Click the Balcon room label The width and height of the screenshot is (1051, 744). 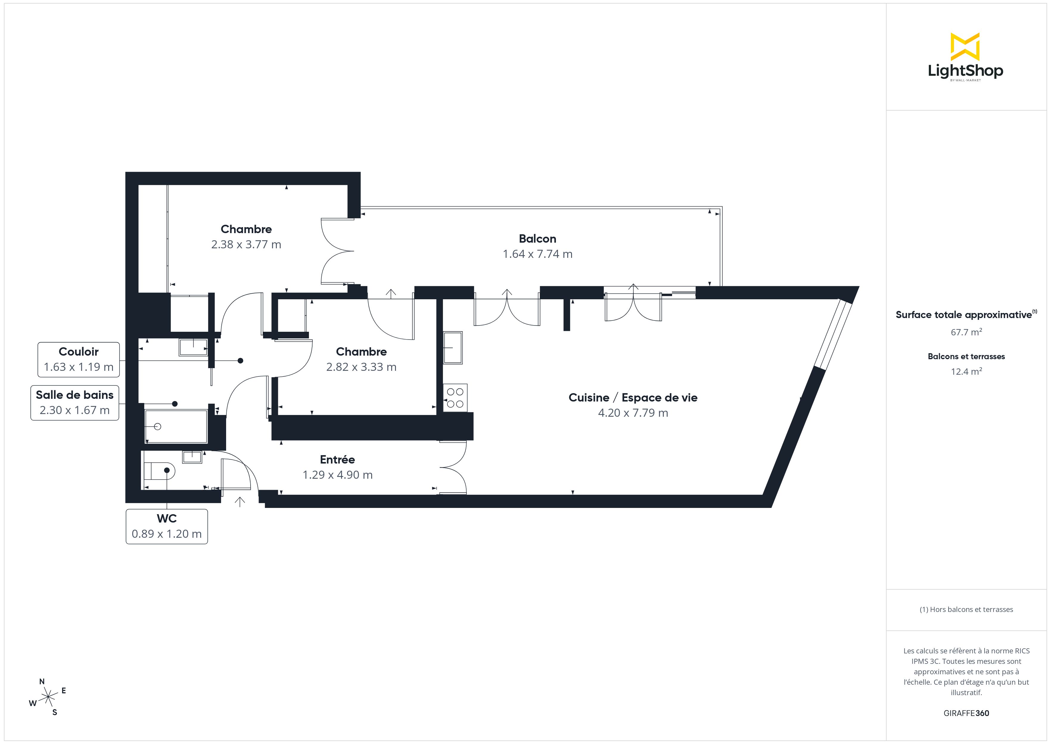[x=537, y=239]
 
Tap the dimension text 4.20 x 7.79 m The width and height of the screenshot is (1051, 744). [x=633, y=413]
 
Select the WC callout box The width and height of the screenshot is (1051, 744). [x=167, y=526]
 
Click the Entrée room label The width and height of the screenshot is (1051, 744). [x=337, y=460]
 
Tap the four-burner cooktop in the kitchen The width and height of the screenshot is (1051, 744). [x=455, y=398]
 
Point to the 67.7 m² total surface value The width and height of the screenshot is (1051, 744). [x=966, y=332]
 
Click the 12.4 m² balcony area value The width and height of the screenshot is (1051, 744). [x=966, y=371]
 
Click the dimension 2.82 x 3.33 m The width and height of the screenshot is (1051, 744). [x=361, y=367]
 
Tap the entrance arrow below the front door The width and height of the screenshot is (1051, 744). [x=240, y=502]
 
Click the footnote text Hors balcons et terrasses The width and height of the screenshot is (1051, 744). [x=966, y=609]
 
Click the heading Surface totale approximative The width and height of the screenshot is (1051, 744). [x=964, y=315]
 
